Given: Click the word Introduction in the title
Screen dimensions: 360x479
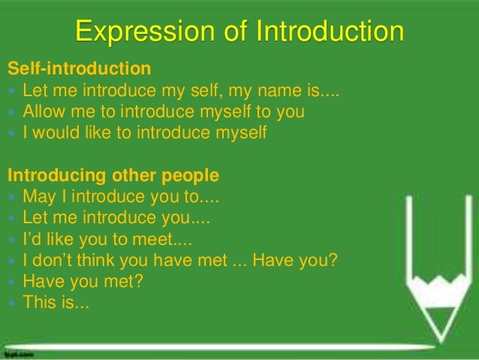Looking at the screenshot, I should pyautogui.click(x=330, y=32).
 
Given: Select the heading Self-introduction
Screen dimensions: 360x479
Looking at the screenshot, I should pyautogui.click(x=79, y=70).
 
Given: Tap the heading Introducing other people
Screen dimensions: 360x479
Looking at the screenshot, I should pyautogui.click(x=113, y=177).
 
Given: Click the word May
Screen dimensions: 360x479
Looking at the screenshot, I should pyautogui.click(x=39, y=198).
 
